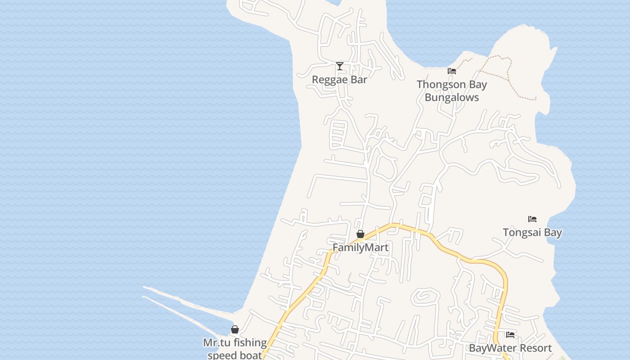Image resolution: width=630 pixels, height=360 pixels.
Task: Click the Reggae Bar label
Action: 339,80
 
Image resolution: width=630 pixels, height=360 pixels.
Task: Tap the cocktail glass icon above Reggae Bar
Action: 340,67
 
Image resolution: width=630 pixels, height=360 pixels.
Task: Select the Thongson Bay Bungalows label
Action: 451,90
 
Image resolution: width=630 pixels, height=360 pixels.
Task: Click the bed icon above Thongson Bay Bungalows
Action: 452,71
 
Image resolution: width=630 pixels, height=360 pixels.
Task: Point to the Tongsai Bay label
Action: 532,233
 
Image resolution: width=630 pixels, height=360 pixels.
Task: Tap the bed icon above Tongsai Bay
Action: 532,219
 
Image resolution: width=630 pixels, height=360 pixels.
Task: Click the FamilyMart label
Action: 360,247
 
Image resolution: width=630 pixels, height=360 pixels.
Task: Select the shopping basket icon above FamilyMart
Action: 360,234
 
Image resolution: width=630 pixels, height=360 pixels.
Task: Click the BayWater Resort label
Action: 510,348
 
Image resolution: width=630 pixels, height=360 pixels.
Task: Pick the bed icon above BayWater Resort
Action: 510,335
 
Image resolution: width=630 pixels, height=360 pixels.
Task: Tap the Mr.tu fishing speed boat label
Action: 234,349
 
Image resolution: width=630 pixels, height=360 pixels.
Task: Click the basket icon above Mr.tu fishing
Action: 235,330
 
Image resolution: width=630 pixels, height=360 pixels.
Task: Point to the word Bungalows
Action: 451,97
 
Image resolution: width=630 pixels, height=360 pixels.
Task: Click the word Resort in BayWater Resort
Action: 534,348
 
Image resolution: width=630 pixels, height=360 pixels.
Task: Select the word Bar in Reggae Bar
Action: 359,80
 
